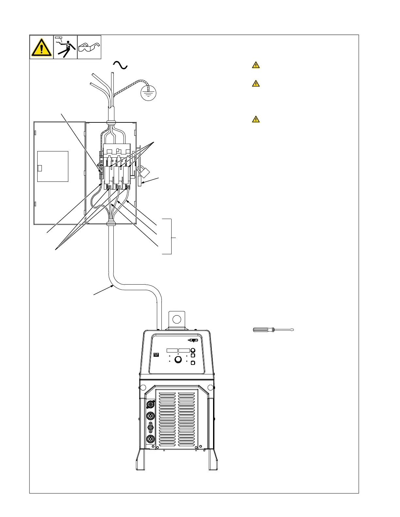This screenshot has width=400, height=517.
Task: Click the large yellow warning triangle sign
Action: coord(42,47)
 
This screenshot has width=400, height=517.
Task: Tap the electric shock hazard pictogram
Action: coord(65,47)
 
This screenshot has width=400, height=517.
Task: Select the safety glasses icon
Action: coord(89,47)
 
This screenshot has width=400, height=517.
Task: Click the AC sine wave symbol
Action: coord(120,65)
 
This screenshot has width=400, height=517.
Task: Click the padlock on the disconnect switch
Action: coord(144,172)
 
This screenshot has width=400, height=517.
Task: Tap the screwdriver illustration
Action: coord(273,330)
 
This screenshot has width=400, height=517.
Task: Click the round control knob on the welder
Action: coord(178,359)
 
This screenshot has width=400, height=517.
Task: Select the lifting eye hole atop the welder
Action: coord(177,319)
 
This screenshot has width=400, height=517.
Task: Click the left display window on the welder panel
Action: coord(172,350)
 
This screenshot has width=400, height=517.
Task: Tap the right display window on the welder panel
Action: coord(184,350)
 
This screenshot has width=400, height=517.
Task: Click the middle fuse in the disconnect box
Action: coord(116,175)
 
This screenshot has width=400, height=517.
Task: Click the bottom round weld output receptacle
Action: coord(151,439)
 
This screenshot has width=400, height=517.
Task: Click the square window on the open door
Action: coord(53,166)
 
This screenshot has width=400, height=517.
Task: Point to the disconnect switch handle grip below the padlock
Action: coord(140,181)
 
